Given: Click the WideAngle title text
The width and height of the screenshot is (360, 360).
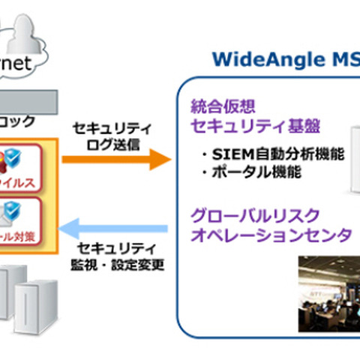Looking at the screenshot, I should [x=286, y=58].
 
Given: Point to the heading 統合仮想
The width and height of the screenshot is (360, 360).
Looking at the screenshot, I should [x=217, y=104].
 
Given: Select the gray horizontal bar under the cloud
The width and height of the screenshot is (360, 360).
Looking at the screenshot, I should [x=26, y=100].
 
